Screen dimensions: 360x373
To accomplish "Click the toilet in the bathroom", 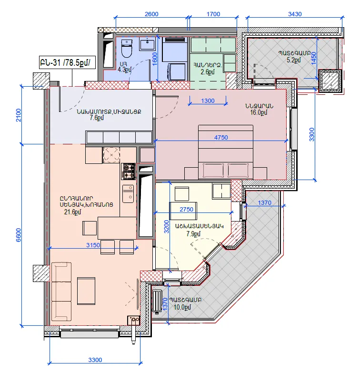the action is pos(127,49).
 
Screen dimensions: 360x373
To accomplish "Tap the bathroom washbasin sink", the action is pos(147,44).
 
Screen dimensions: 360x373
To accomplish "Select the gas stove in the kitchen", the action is pos(129,171).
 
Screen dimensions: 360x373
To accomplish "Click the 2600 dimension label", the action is pos(151,14).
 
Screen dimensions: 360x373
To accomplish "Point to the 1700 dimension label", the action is pos(213,14).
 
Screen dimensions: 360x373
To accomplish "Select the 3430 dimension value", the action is pos(295,14).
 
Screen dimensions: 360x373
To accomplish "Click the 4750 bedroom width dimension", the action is pos(221,137).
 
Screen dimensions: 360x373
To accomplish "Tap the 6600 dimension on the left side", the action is pos(18,235).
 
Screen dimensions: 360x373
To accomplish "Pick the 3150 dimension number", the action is pos(93,245).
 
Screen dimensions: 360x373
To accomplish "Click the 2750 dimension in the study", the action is pos(186,209).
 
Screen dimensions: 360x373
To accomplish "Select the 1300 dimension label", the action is pos(208,101).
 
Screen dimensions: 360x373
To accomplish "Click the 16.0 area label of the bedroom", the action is pos(259,112).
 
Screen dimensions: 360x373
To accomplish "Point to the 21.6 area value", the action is pos(73,212).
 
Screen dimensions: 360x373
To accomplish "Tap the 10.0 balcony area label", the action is pos(182,307).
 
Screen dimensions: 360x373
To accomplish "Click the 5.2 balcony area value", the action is pos(294,60).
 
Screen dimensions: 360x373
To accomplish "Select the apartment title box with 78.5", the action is pos(67,62).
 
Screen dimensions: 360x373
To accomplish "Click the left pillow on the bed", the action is pos(213,171).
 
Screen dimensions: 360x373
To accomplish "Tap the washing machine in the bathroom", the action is pos(177,71).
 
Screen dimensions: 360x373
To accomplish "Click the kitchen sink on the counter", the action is pos(128,194).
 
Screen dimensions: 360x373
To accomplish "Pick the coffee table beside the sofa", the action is pos(86,291).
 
